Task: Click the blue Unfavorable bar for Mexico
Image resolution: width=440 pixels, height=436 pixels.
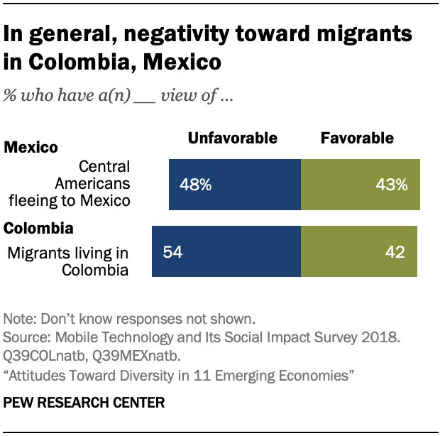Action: click(x=235, y=185)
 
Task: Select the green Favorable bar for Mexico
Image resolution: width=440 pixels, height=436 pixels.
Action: click(x=361, y=185)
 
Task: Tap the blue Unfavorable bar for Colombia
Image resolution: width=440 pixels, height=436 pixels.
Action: click(x=226, y=251)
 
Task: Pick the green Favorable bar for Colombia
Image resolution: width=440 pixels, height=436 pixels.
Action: click(x=358, y=251)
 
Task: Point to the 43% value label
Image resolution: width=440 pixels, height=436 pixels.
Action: click(x=392, y=185)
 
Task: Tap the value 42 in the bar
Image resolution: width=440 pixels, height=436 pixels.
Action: click(x=396, y=252)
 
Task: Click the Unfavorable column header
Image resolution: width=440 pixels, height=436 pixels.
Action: click(x=232, y=138)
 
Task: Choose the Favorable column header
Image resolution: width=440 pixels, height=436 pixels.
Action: click(x=357, y=138)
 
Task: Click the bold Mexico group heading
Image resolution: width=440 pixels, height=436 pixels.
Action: click(x=31, y=148)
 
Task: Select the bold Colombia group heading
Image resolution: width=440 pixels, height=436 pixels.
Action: click(x=38, y=229)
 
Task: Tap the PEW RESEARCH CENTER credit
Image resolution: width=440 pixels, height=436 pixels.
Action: click(x=84, y=403)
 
